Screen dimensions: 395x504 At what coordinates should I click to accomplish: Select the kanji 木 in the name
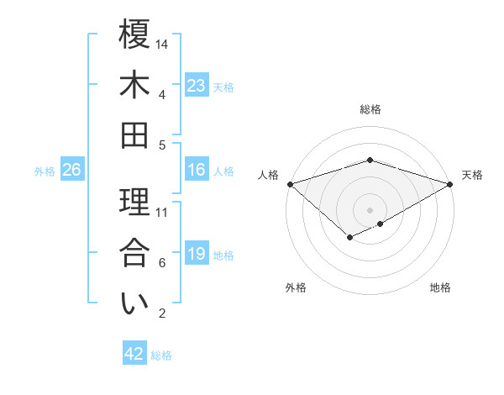tap(134, 84)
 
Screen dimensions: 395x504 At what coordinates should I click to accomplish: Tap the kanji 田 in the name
tap(134, 134)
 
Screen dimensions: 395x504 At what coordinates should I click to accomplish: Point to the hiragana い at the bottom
tap(134, 303)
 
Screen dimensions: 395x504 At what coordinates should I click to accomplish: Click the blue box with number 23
tap(197, 86)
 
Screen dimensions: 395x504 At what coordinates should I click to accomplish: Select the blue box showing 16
tap(197, 170)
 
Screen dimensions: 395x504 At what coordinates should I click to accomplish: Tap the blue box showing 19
tap(197, 254)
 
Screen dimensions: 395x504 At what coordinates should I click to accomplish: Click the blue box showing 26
tap(71, 170)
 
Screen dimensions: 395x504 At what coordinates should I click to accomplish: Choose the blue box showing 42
tap(134, 354)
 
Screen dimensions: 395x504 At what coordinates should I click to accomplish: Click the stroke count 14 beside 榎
tap(163, 44)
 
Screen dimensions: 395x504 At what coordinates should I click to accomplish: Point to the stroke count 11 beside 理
tap(162, 212)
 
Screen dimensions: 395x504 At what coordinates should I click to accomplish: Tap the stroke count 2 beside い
tap(161, 313)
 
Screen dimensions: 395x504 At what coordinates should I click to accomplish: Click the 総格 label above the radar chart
tap(370, 109)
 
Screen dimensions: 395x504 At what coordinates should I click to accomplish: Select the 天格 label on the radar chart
tap(472, 175)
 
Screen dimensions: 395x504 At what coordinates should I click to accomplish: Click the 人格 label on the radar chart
tap(268, 175)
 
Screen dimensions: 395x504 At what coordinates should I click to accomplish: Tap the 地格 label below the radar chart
tap(440, 287)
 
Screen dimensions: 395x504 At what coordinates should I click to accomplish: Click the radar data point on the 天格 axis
tap(450, 183)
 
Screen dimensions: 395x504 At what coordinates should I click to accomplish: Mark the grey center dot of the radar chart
tap(370, 209)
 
